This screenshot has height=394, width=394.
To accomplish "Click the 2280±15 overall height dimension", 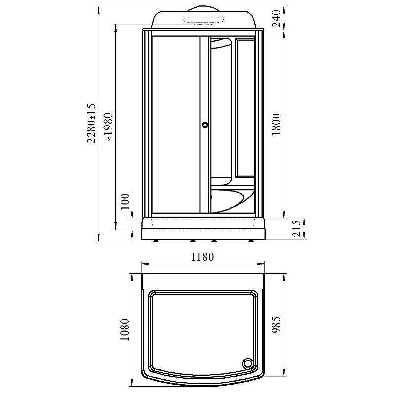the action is pyautogui.click(x=91, y=124).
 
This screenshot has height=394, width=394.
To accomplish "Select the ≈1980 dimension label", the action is pyautogui.click(x=109, y=127).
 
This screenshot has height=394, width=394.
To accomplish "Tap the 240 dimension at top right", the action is pyautogui.click(x=276, y=18).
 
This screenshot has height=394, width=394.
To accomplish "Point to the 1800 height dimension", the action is pyautogui.click(x=276, y=125).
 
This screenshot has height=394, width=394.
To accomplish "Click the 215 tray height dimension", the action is pyautogui.click(x=296, y=228).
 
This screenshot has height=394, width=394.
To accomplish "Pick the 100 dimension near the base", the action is pyautogui.click(x=125, y=201).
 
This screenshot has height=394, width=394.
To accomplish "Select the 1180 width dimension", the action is pyautogui.click(x=202, y=257).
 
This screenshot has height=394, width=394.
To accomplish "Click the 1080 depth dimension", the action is pyautogui.click(x=125, y=329).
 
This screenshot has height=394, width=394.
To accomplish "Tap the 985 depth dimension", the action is pyautogui.click(x=276, y=325).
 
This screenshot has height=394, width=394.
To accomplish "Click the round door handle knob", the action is pyautogui.click(x=205, y=125).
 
